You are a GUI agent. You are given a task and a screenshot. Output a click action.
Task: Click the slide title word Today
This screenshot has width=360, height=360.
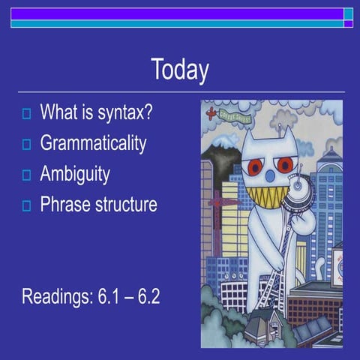point(179,70)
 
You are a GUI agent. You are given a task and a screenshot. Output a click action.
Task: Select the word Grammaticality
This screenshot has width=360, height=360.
point(93,144)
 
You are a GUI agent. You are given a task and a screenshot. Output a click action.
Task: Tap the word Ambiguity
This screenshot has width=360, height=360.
point(75,175)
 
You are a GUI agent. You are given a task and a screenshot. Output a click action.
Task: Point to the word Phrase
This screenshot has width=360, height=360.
point(66,204)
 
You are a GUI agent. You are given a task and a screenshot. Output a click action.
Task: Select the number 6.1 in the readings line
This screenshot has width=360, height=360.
point(112,295)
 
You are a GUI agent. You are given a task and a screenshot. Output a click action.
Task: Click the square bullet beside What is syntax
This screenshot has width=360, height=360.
point(26,115)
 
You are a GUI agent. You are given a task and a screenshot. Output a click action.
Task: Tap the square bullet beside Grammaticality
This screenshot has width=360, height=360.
point(26,145)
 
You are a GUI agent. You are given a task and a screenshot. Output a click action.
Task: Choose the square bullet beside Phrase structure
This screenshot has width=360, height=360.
point(26,205)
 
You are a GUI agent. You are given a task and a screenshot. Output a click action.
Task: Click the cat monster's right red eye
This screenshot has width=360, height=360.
point(286,163)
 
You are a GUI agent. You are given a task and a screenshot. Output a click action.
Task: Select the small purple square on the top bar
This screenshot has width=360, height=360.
point(348,24)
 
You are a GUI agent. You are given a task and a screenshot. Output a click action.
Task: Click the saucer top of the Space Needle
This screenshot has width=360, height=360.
point(298,184)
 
